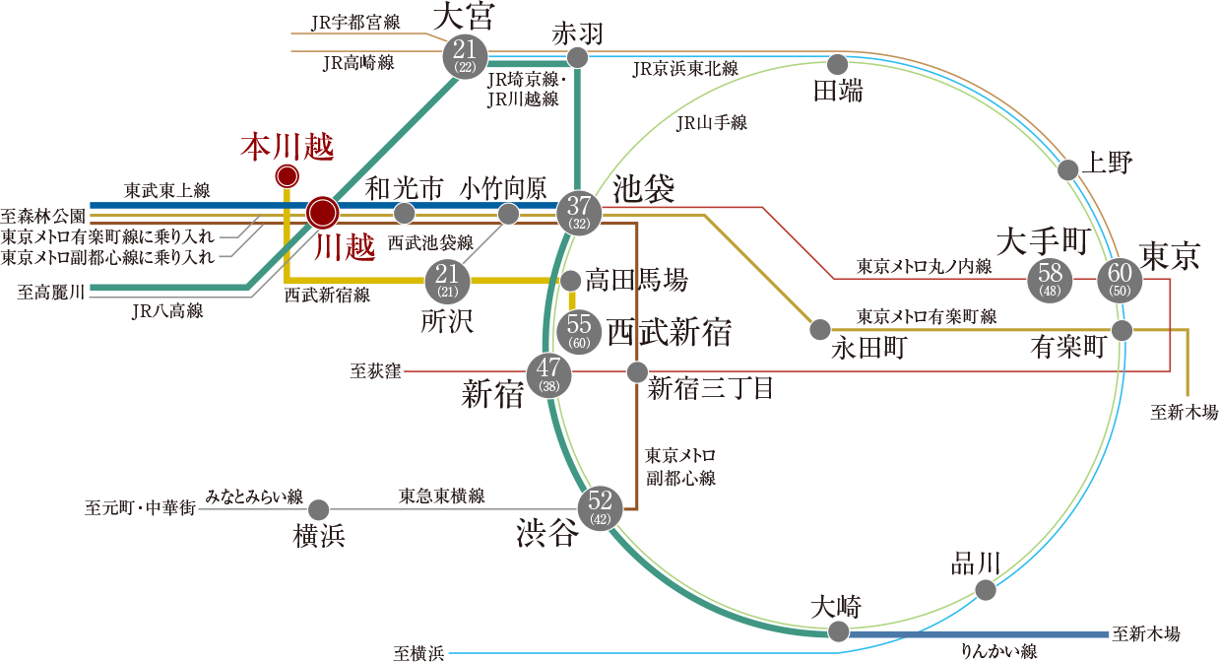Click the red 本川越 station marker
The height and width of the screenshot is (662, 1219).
tap(287, 176)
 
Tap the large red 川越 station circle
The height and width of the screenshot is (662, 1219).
tap(322, 212)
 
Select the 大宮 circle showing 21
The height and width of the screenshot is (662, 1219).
tap(466, 54)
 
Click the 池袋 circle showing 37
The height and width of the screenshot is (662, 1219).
tap(579, 211)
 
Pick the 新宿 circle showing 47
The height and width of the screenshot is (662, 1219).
tap(548, 375)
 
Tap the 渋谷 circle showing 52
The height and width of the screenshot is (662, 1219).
tap(599, 508)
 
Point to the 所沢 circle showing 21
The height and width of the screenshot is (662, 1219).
tap(447, 282)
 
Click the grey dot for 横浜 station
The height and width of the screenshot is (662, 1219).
tap(318, 510)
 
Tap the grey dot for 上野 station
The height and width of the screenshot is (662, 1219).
tap(1068, 170)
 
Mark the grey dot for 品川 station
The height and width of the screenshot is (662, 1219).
tap(985, 590)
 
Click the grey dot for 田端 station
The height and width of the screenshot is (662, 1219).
tap(837, 65)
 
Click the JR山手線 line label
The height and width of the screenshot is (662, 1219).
tap(713, 123)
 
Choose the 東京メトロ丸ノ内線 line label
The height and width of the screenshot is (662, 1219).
tap(923, 266)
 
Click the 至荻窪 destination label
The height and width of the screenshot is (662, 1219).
tap(374, 372)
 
